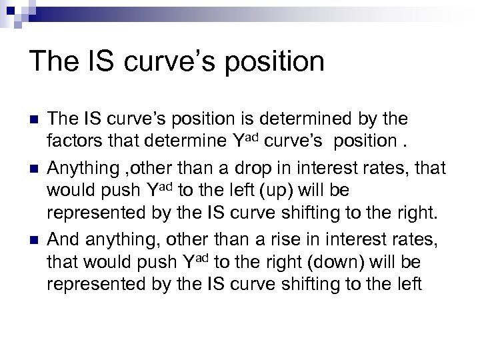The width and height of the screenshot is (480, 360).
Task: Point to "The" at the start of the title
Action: (x=53, y=62)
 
